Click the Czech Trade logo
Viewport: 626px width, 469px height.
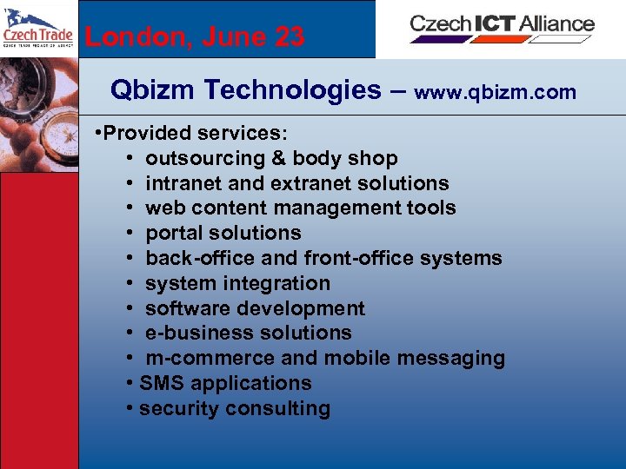coord(38,30)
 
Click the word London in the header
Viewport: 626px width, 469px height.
coord(130,36)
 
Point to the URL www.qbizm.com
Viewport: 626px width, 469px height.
coord(496,92)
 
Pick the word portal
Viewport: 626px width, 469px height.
coord(174,233)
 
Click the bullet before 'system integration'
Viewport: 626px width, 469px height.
coord(128,283)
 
